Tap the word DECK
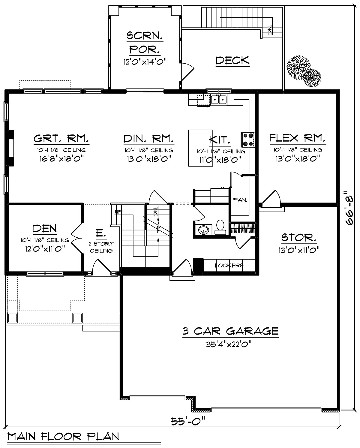pyautogui.click(x=232, y=60)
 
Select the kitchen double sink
pyautogui.click(x=219, y=99)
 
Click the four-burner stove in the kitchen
pyautogui.click(x=248, y=140)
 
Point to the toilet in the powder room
pyautogui.click(x=220, y=227)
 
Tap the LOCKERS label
pyautogui.click(x=229, y=266)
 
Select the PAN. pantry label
pyautogui.click(x=240, y=200)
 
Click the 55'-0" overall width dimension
pyautogui.click(x=188, y=421)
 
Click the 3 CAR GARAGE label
pyautogui.click(x=230, y=331)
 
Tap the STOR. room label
pyautogui.click(x=299, y=238)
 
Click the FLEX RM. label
pyautogui.click(x=298, y=138)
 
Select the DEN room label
pyautogui.click(x=45, y=229)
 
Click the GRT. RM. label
pyautogui.click(x=61, y=138)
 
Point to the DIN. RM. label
pyautogui.click(x=149, y=139)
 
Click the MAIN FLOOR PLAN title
pyautogui.click(x=63, y=437)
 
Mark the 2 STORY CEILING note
pyautogui.click(x=101, y=247)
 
